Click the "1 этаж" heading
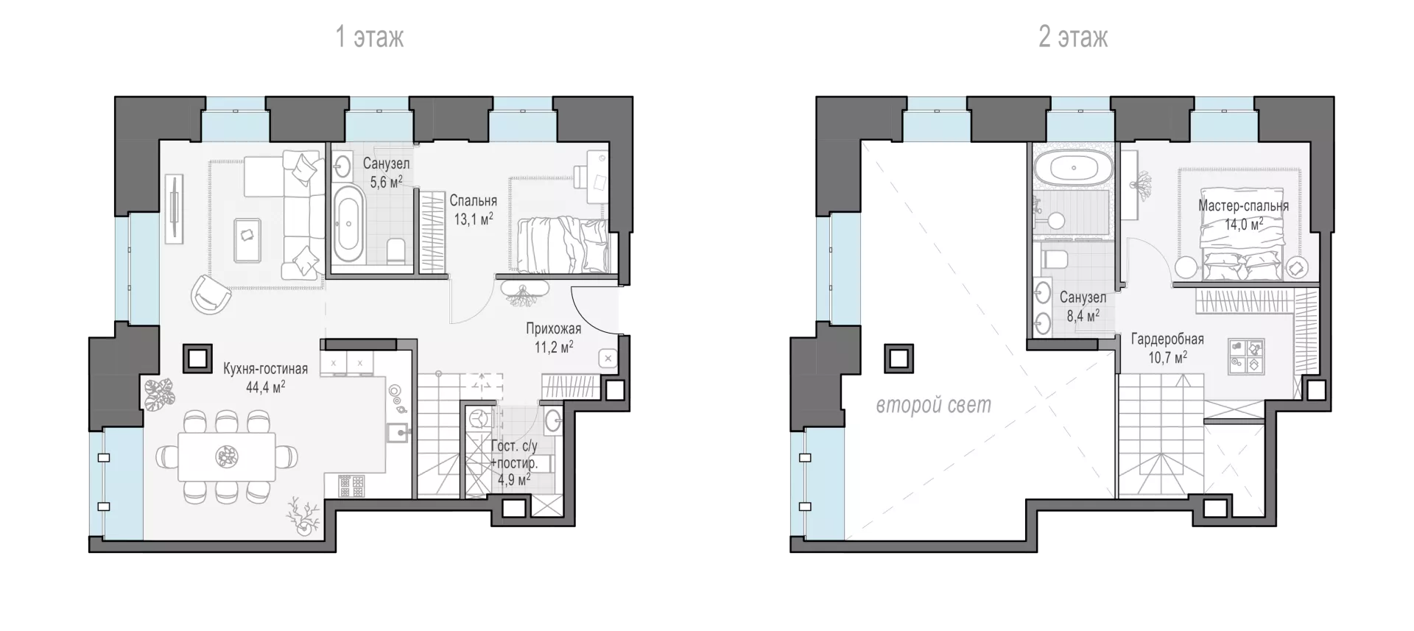tap(370, 37)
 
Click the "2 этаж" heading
tap(1073, 37)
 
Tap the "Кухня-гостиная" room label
tap(266, 369)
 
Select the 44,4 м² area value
tap(266, 387)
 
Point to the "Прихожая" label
tap(553, 329)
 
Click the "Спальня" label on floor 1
tap(474, 200)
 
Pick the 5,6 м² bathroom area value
tap(386, 181)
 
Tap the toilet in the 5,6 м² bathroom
tap(396, 251)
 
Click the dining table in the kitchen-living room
tap(227, 456)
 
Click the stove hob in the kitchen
tap(351, 486)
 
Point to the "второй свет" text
tap(933, 405)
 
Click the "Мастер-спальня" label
tap(1243, 206)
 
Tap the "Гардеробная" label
tap(1168, 339)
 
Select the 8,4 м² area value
tap(1083, 316)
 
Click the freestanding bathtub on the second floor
tap(1074, 169)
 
